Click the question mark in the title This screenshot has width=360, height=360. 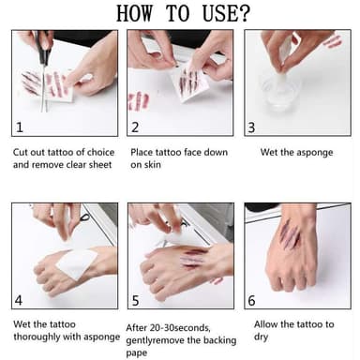pos(244,13)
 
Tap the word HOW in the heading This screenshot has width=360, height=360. pos(135,13)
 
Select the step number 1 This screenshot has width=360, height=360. pos(20,127)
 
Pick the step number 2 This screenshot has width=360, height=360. pos(135,127)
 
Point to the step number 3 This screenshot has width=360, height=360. pos(251,127)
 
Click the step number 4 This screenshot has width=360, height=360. pos(19,300)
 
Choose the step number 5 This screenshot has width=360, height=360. pos(135,301)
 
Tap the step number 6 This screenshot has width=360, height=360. pos(251,301)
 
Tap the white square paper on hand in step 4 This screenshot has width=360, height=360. pos(76,263)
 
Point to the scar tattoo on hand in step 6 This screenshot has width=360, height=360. pos(291,234)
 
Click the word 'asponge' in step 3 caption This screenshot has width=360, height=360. pos(314,153)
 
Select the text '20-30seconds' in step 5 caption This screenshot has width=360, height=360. pos(180,328)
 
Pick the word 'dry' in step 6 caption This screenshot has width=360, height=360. pos(261,337)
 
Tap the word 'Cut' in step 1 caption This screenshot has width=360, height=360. pos(19,152)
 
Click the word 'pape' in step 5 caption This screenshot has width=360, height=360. pos(136,353)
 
